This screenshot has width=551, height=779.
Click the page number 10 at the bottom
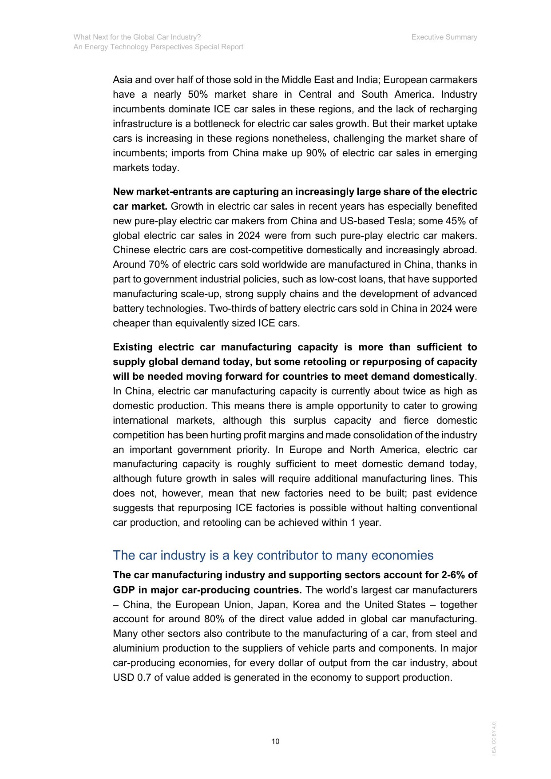point(275,741)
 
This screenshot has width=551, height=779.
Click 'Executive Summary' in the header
point(444,37)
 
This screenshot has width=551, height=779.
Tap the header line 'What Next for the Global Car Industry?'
point(137,37)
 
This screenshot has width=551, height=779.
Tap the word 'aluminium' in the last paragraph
point(133,648)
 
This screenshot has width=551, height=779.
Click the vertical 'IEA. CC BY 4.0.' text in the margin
point(494,738)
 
